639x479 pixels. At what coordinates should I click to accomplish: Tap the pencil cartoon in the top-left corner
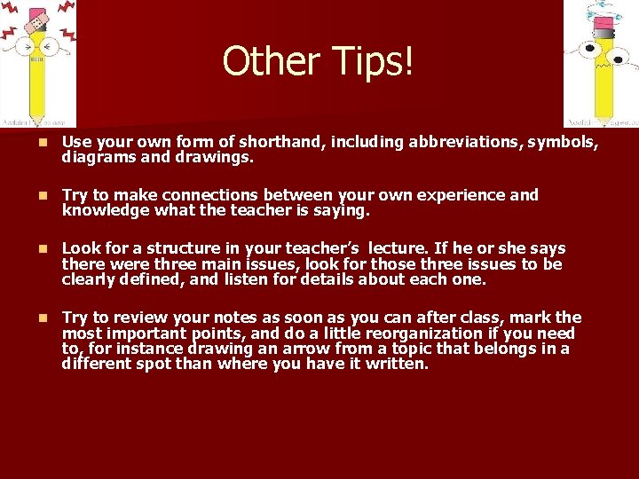(x=37, y=64)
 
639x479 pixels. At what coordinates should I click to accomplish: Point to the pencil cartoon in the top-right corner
(x=601, y=64)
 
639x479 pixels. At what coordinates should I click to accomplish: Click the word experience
(x=460, y=195)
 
